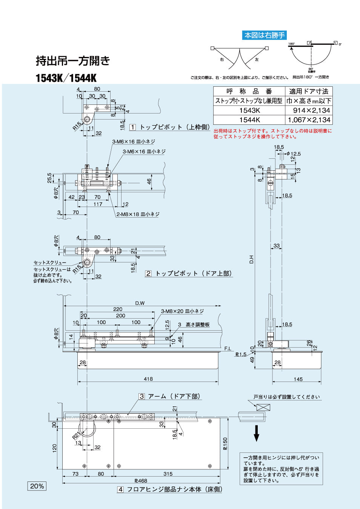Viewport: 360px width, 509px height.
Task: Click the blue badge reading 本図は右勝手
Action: click(x=264, y=35)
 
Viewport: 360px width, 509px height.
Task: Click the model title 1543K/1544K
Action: click(x=66, y=78)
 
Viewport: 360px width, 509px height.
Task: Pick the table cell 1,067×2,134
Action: click(x=309, y=120)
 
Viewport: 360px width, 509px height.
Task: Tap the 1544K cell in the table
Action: click(x=249, y=120)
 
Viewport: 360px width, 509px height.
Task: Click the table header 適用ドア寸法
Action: click(x=309, y=91)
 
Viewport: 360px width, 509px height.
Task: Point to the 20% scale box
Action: click(x=37, y=486)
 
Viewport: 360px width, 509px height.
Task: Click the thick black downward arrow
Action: click(x=257, y=433)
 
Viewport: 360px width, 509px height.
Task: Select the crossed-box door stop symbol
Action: click(x=263, y=407)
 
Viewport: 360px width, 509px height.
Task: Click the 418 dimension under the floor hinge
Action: click(x=148, y=379)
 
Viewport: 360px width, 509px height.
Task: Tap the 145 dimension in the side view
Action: click(x=298, y=379)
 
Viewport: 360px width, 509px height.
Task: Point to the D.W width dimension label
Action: click(x=140, y=303)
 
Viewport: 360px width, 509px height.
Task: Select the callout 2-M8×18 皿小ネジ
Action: click(x=138, y=214)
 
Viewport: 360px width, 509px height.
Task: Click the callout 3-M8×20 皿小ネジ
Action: click(x=182, y=311)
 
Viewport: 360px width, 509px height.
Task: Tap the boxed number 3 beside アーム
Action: click(x=142, y=396)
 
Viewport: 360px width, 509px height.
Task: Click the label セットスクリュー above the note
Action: click(x=50, y=262)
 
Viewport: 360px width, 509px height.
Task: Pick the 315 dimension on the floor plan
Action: click(x=168, y=474)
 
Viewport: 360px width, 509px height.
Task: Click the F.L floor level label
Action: click(x=228, y=349)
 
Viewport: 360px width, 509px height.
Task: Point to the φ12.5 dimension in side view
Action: click(x=294, y=154)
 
